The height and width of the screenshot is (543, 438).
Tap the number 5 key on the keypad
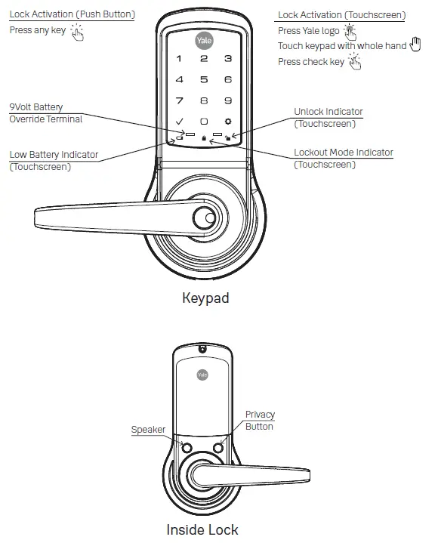(204, 79)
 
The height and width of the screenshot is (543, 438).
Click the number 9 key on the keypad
(229, 100)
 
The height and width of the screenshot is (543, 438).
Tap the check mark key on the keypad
(179, 122)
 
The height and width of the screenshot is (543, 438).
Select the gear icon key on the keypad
(229, 122)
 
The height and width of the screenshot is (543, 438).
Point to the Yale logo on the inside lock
(202, 374)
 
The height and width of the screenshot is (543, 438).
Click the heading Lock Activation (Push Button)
(72, 15)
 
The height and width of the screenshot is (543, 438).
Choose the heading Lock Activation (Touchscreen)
(341, 15)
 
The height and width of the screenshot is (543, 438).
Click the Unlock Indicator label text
(328, 112)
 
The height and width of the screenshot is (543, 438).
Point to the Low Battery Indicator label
(54, 155)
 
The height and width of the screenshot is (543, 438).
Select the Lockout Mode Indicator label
(343, 153)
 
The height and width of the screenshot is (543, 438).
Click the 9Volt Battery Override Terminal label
(45, 113)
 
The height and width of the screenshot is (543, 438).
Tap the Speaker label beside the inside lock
(148, 430)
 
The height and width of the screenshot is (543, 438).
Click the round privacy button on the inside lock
(218, 447)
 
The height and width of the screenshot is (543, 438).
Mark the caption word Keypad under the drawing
(205, 298)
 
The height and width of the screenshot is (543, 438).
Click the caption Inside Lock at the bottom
(202, 529)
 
